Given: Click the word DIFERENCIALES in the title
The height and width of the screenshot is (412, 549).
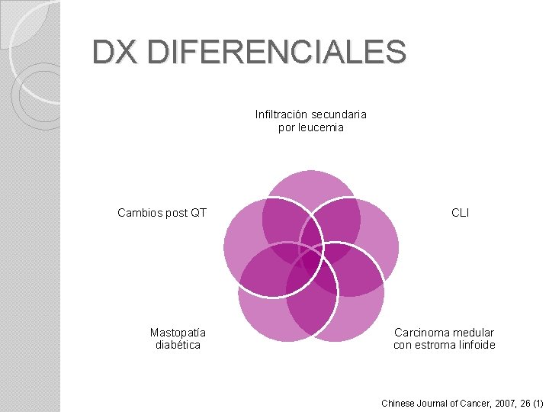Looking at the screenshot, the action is pyautogui.click(x=278, y=53).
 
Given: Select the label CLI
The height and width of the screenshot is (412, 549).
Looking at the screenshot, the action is pyautogui.click(x=461, y=213).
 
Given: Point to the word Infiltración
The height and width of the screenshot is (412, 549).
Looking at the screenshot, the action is pyautogui.click(x=282, y=114).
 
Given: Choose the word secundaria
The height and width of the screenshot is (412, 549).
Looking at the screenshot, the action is pyautogui.click(x=339, y=114).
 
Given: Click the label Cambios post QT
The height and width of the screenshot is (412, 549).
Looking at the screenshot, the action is pyautogui.click(x=162, y=213).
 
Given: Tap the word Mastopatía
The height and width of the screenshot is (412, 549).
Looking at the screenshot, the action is pyautogui.click(x=178, y=333).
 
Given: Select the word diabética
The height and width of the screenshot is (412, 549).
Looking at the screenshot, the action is pyautogui.click(x=178, y=345).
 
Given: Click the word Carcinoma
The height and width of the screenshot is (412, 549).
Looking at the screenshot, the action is pyautogui.click(x=421, y=333).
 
